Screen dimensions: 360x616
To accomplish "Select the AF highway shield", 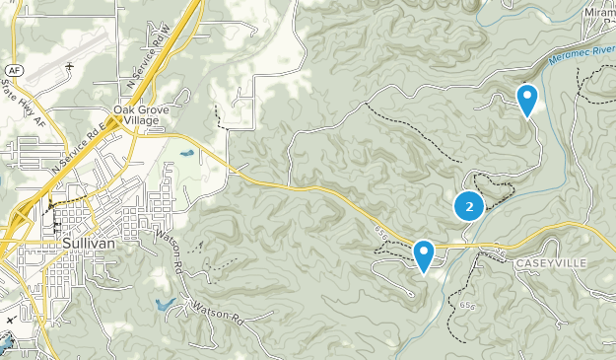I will [12, 71].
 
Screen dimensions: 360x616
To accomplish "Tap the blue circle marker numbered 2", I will [469, 207].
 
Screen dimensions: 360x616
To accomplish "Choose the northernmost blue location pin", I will [528, 99].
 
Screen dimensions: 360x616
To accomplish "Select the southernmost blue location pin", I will [424, 254].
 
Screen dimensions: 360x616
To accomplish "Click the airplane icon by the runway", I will [70, 67].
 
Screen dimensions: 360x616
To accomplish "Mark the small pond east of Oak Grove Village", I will [186, 154].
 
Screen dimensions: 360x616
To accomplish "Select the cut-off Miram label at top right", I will [598, 13].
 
